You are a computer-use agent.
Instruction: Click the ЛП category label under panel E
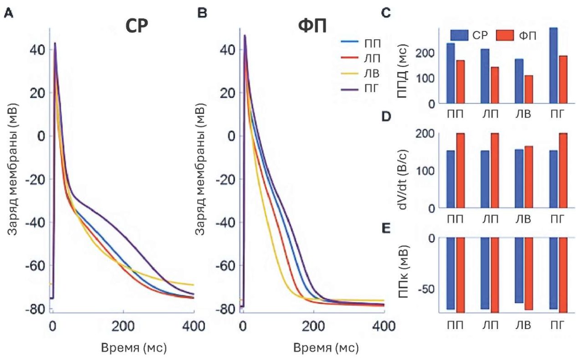489,325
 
